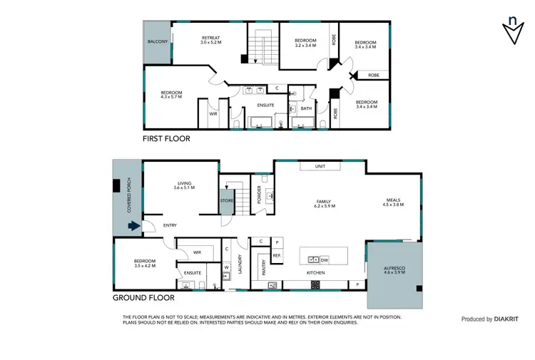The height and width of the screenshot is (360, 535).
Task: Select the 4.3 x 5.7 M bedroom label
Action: click(171, 94)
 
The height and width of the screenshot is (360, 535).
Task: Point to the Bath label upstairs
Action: click(306, 109)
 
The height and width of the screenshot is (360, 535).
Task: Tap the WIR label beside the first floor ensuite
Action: click(213, 113)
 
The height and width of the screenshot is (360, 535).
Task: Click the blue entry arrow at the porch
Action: click(133, 227)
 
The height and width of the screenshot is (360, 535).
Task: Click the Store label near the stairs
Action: click(227, 201)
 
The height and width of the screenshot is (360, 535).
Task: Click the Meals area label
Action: click(394, 202)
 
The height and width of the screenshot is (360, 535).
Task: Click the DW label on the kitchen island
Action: click(324, 259)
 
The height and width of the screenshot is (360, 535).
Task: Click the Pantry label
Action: click(264, 267)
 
